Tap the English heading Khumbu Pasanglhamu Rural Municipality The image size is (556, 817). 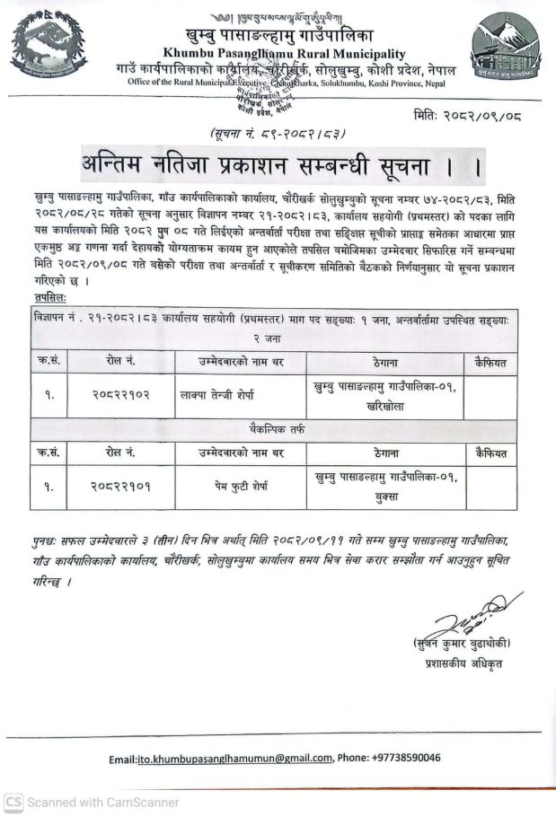pyautogui.click(x=284, y=55)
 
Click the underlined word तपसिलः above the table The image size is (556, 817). pyautogui.click(x=50, y=297)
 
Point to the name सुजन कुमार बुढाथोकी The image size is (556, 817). pyautogui.click(x=463, y=644)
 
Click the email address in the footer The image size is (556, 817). pyautogui.click(x=234, y=758)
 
